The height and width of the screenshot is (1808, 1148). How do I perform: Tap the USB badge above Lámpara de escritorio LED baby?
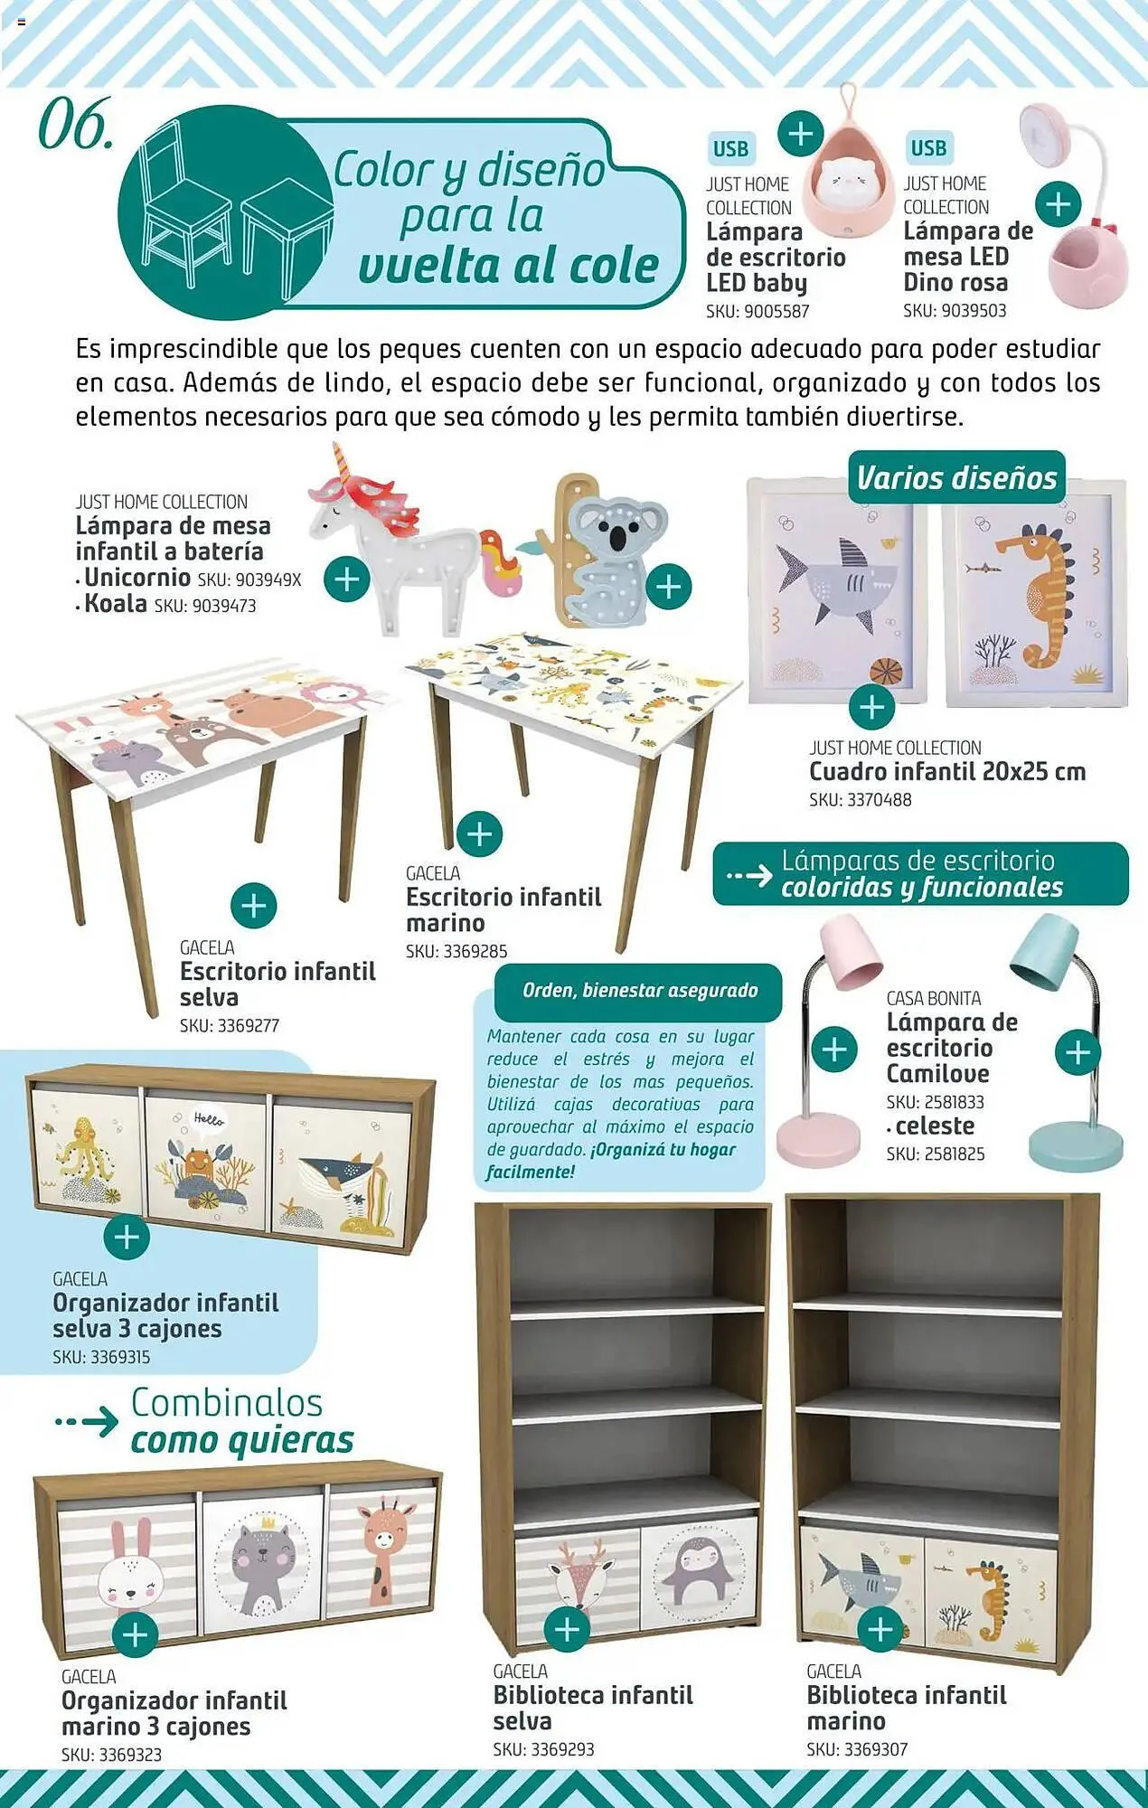pyautogui.click(x=730, y=149)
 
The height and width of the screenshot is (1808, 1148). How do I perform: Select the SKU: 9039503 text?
pyautogui.click(x=955, y=311)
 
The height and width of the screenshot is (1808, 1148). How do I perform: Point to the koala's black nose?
pyautogui.click(x=617, y=538)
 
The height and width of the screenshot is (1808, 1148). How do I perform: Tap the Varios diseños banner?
pyautogui.click(x=956, y=477)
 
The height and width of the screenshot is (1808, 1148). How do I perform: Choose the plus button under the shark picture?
pyautogui.click(x=871, y=706)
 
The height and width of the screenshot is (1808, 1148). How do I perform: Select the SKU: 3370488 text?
pyautogui.click(x=860, y=800)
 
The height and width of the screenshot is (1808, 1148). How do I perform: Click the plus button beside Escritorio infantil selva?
pyautogui.click(x=254, y=905)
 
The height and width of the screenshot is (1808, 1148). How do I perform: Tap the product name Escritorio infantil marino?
pyautogui.click(x=503, y=909)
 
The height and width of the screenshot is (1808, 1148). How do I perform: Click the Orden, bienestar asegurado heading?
pyautogui.click(x=639, y=991)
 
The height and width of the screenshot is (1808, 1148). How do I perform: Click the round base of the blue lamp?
pyautogui.click(x=1076, y=1146)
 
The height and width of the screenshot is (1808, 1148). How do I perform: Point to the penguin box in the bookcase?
pyautogui.click(x=698, y=1573)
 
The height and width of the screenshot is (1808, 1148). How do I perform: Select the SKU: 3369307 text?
pyautogui.click(x=857, y=1750)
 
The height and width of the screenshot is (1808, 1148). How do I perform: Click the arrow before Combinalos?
pyautogui.click(x=87, y=1421)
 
